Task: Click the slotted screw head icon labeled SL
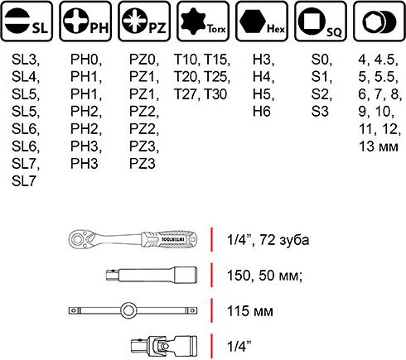pyautogui.click(x=17, y=22)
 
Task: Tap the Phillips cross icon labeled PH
pyautogui.click(x=76, y=21)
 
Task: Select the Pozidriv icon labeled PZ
pyautogui.click(x=134, y=21)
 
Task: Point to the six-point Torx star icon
pyautogui.click(x=193, y=21)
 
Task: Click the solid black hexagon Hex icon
pyautogui.click(x=253, y=22)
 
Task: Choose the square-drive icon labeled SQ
pyautogui.click(x=312, y=22)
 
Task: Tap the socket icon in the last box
pyautogui.click(x=379, y=22)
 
